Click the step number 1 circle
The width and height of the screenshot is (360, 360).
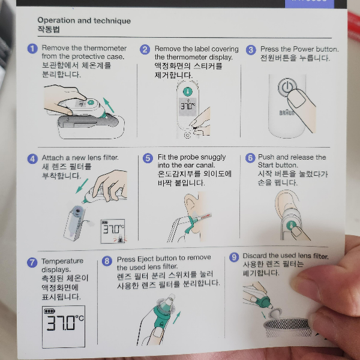pyautogui.click(x=32, y=49)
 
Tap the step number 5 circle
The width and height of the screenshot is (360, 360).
pyautogui.click(x=148, y=158)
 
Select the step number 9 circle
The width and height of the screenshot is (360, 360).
pyautogui.click(x=234, y=257)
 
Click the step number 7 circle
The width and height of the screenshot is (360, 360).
pyautogui.click(x=32, y=262)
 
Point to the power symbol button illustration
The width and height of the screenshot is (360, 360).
pyautogui.click(x=287, y=87)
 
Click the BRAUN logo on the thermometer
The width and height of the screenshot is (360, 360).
pyautogui.click(x=287, y=113)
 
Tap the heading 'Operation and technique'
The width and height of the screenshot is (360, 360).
pyautogui.click(x=84, y=20)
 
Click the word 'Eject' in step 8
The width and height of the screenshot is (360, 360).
pyautogui.click(x=143, y=259)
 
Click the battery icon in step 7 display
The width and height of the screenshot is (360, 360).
pyautogui.click(x=49, y=311)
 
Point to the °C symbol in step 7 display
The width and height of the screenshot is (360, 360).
pyautogui.click(x=79, y=318)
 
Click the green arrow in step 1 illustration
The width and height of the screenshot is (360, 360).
pyautogui.click(x=109, y=105)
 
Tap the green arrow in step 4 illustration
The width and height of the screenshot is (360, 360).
pyautogui.click(x=82, y=186)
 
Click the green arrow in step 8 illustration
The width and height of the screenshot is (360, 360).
pyautogui.click(x=176, y=317)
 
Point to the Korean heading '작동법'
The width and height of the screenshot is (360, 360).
pyautogui.click(x=49, y=29)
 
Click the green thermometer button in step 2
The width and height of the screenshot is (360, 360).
pyautogui.click(x=188, y=92)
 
